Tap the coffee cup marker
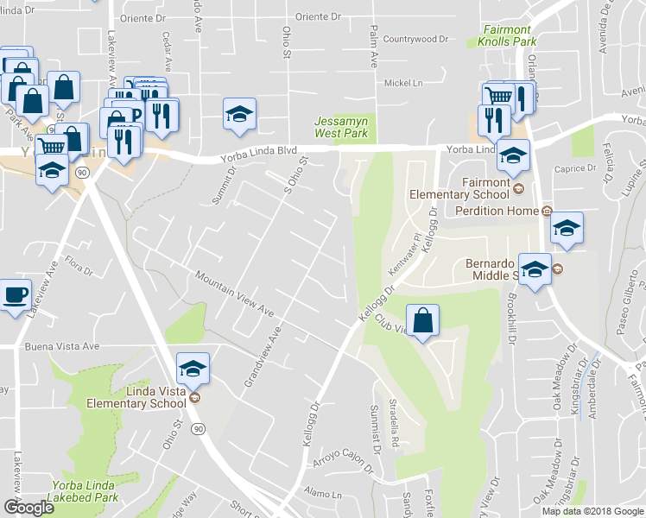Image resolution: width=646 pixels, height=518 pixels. coord(16,295)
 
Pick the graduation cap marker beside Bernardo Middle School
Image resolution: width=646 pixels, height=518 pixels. coord(535,270)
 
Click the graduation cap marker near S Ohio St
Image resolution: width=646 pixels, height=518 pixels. coord(239,114)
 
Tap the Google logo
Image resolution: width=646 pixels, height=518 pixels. coord(29,508)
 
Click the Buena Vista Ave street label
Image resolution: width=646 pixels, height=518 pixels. coord(63,346)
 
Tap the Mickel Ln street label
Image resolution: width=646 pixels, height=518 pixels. coord(403,83)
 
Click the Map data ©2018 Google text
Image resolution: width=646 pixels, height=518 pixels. coord(592,511)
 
